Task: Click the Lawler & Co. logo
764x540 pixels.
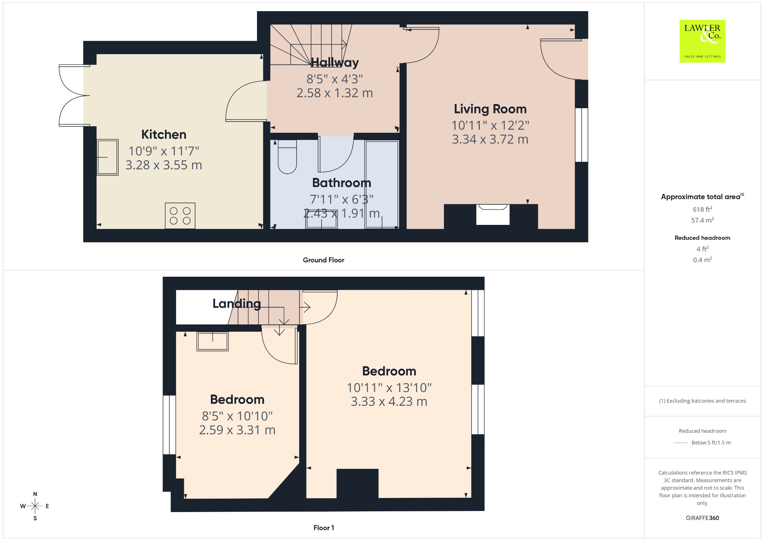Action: click(702, 41)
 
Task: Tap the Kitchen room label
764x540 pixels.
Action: click(164, 135)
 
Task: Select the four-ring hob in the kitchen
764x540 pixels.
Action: click(180, 216)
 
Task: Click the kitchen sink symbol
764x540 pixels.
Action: click(108, 157)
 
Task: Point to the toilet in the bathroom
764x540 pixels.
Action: click(287, 157)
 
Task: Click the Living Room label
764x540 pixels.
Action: click(490, 109)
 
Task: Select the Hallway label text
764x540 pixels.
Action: click(335, 63)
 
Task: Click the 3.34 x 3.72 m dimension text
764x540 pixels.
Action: click(490, 139)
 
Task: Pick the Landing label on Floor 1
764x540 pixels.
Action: click(237, 304)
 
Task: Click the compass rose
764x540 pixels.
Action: click(35, 506)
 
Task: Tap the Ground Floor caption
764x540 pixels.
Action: click(323, 260)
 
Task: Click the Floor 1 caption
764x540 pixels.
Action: click(323, 528)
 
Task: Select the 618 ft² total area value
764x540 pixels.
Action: click(702, 209)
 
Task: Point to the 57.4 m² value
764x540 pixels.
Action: click(702, 220)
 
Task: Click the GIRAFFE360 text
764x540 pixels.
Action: click(702, 518)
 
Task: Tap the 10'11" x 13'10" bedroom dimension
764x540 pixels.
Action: click(389, 388)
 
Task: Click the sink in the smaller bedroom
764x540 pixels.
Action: click(213, 341)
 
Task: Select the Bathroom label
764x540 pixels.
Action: click(342, 183)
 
